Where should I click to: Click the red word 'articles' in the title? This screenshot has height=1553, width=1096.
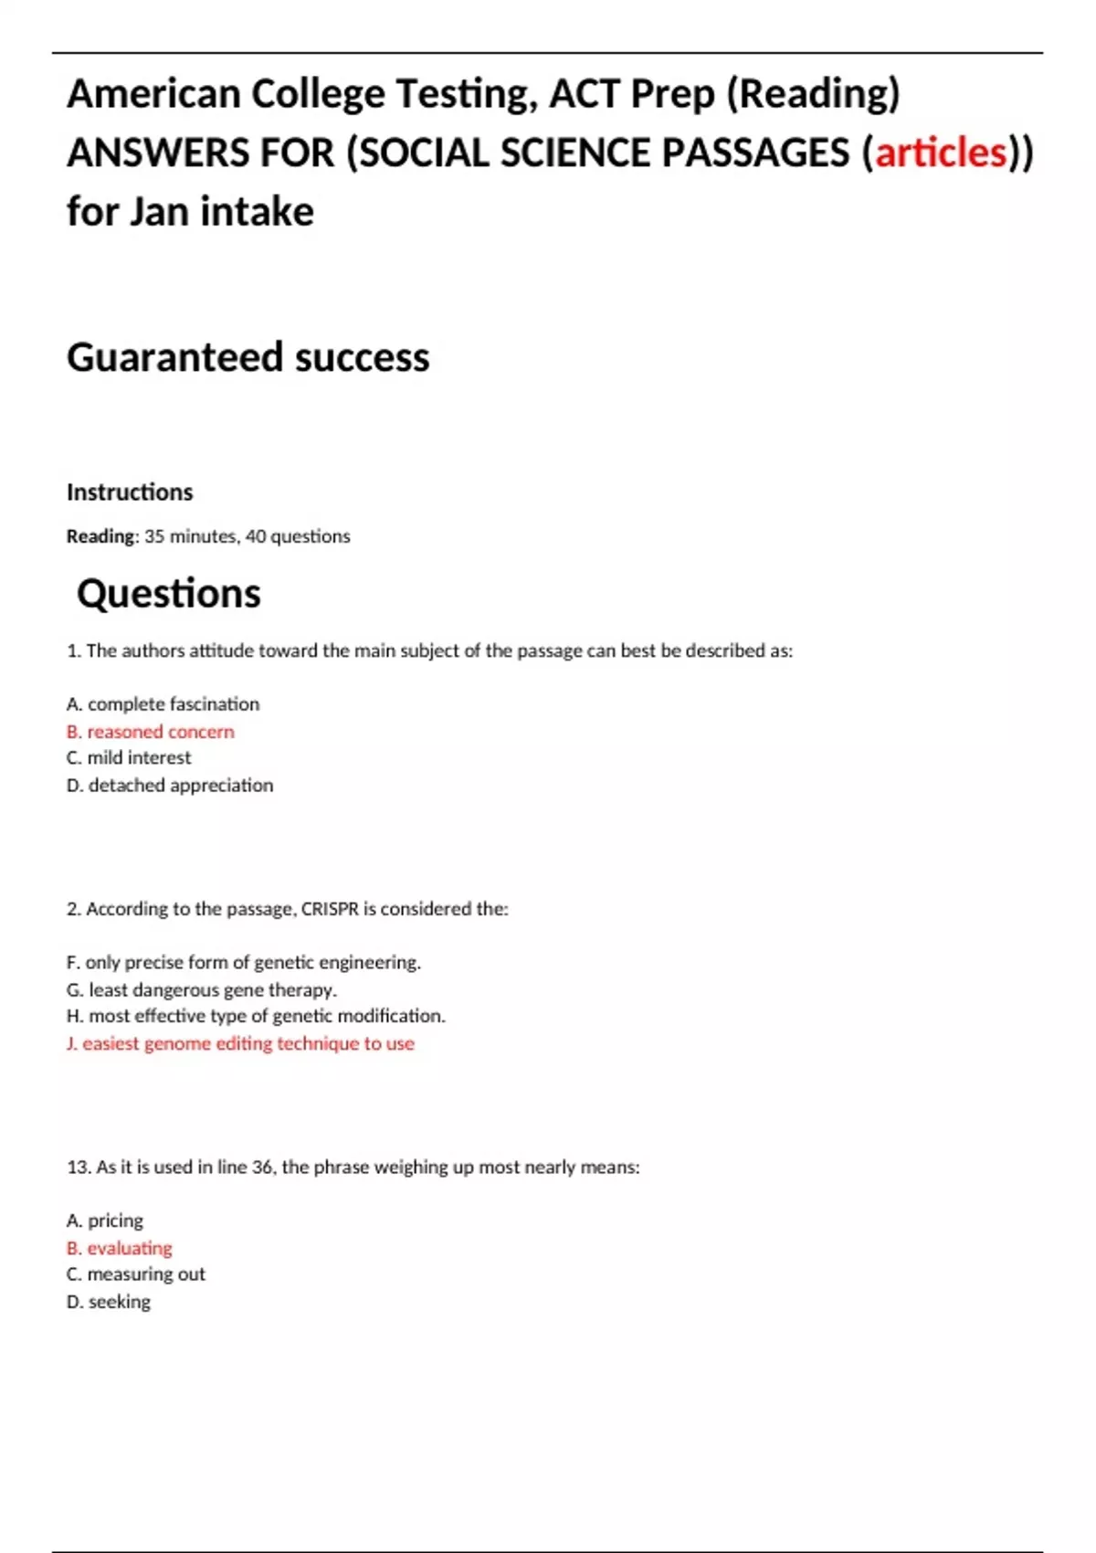pyautogui.click(x=941, y=153)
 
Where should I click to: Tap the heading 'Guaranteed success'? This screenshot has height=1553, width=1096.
pyautogui.click(x=248, y=357)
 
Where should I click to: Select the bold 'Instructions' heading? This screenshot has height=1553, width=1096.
pyautogui.click(x=130, y=492)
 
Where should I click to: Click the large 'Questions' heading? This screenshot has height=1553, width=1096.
pyautogui.click(x=169, y=594)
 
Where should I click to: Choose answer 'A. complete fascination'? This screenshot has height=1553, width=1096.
pyautogui.click(x=163, y=704)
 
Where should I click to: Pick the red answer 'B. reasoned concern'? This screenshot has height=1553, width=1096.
pyautogui.click(x=151, y=732)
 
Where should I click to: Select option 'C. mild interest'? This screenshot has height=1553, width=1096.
pyautogui.click(x=129, y=757)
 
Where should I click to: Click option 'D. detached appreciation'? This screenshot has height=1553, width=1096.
pyautogui.click(x=170, y=785)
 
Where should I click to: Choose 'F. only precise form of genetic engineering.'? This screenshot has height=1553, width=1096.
pyautogui.click(x=244, y=962)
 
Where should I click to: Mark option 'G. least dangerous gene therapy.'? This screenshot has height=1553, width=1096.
pyautogui.click(x=202, y=989)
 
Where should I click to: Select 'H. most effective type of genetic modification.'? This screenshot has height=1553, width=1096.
pyautogui.click(x=256, y=1016)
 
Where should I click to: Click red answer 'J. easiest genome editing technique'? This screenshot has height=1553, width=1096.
pyautogui.click(x=240, y=1043)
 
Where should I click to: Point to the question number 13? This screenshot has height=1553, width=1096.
pyautogui.click(x=78, y=1167)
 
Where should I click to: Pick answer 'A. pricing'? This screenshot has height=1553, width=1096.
pyautogui.click(x=105, y=1220)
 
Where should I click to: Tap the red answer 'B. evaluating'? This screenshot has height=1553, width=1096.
pyautogui.click(x=120, y=1248)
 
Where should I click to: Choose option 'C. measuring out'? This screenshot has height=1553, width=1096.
pyautogui.click(x=136, y=1273)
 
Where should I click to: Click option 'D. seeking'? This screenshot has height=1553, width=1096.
pyautogui.click(x=109, y=1301)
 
